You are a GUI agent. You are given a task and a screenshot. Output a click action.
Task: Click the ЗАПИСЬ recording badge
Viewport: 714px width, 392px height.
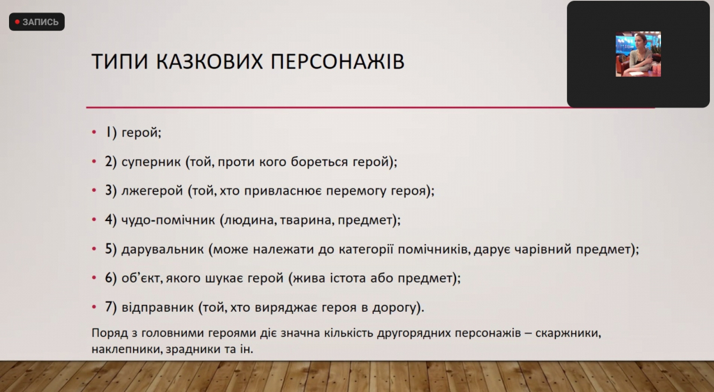[37, 22]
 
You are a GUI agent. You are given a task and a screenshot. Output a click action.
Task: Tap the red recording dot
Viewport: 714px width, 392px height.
[17, 22]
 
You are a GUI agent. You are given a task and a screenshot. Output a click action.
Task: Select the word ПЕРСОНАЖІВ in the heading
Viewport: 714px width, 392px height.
[337, 62]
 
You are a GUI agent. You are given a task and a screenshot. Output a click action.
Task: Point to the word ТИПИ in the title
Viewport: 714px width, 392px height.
[120, 62]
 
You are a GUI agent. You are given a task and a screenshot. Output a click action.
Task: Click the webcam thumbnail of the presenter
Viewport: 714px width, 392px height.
[638, 54]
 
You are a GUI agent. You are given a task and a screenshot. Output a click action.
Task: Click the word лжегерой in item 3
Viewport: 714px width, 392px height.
[152, 190]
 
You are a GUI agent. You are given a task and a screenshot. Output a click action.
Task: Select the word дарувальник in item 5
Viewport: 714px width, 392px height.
[162, 249]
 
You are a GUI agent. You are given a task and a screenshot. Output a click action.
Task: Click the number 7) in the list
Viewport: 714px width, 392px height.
[111, 308]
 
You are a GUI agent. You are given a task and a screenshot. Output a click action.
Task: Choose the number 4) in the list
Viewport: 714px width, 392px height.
[111, 220]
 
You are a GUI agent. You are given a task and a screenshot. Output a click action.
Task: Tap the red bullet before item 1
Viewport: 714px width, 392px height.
[94, 133]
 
